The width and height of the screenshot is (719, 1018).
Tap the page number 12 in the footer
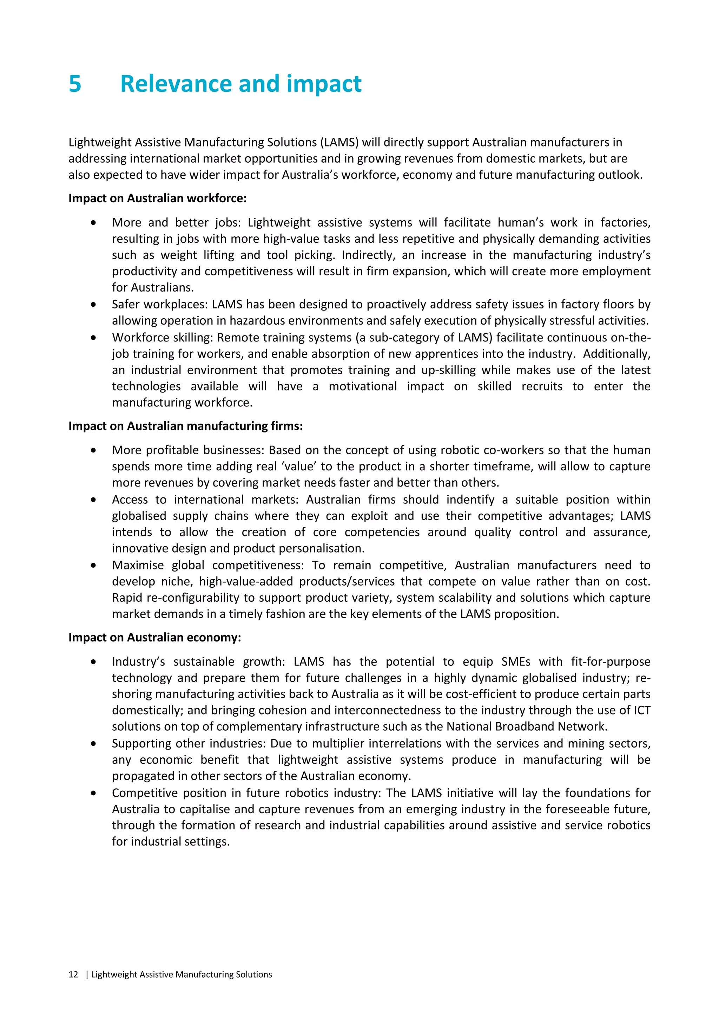pos(73,974)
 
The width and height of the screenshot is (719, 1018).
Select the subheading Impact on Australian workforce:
pos(157,198)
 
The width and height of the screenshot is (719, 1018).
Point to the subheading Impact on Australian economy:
pos(154,638)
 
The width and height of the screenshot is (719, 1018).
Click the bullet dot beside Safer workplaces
pos(93,305)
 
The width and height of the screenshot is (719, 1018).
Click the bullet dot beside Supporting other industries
pos(93,744)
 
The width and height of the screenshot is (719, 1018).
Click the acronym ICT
pos(641,710)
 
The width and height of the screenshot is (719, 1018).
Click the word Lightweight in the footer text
pos(114,974)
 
